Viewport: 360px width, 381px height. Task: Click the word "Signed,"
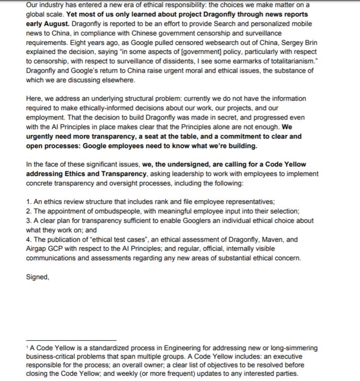[37, 276]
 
